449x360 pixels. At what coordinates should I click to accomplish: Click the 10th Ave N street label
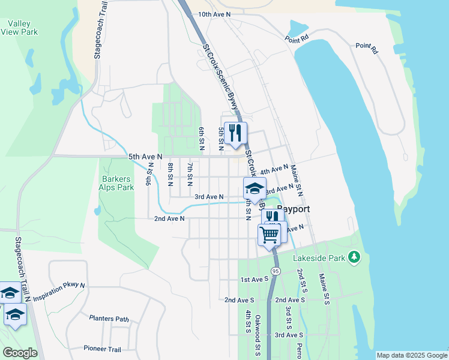point(214,14)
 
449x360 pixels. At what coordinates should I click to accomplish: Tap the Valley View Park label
point(19,28)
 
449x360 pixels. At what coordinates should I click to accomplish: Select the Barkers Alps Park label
point(117,183)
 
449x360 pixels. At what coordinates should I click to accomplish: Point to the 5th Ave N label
point(145,157)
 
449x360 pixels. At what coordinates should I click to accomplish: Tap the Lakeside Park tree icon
point(354,257)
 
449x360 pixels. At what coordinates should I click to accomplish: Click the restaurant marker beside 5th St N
point(235,133)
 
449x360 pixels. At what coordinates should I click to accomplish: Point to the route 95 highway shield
point(275,272)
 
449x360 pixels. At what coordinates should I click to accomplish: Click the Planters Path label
point(109,319)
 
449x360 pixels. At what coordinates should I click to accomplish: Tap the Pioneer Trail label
point(102,349)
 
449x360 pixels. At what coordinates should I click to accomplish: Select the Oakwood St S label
point(258,336)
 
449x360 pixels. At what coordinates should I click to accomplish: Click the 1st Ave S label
point(254,280)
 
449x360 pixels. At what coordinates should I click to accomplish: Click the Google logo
point(20,353)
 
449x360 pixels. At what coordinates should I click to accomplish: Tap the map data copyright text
point(412,355)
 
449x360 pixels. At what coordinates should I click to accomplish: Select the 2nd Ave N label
point(169,218)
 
